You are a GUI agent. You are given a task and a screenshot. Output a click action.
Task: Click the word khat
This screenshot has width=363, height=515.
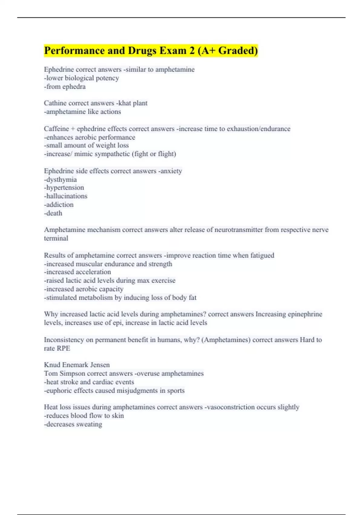coord(123,103)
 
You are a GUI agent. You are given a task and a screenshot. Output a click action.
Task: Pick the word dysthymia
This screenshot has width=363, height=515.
coord(61,179)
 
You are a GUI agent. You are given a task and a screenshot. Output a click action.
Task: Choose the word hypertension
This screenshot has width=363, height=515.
coord(65,188)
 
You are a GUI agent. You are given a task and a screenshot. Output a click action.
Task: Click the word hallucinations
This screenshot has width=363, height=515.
coord(66,196)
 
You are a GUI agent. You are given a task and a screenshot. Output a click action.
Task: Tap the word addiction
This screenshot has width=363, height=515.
coord(60,204)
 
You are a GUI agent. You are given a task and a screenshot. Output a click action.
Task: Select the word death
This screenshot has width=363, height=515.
coord(54,213)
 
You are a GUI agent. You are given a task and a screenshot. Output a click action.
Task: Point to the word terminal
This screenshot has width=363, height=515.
coord(56,238)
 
